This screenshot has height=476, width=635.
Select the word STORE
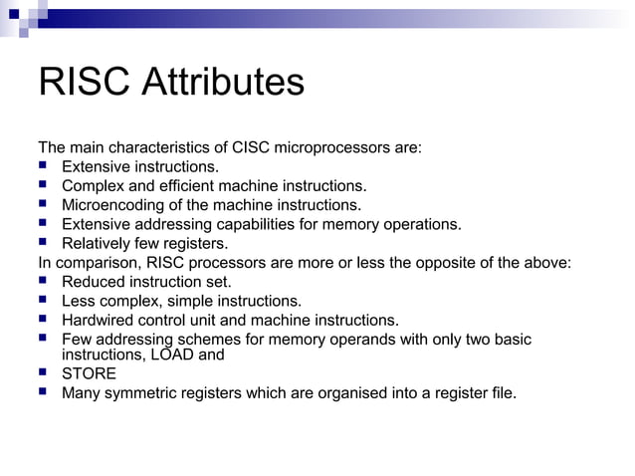tap(89, 373)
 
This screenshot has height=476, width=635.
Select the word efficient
tap(216, 185)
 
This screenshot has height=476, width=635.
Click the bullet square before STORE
tap(43, 373)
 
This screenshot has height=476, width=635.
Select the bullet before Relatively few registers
tap(43, 243)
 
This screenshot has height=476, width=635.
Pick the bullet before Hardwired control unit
tap(43, 320)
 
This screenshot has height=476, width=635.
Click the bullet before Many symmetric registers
tap(43, 392)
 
